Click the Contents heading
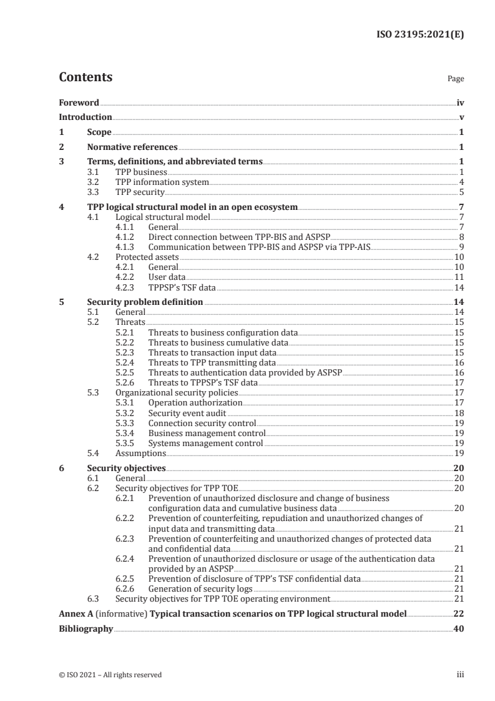tap(86, 77)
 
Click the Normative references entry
tap(132, 147)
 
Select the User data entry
tap(167, 276)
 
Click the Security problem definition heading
tap(145, 302)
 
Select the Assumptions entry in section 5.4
tap(140, 453)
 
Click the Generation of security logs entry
tap(200, 589)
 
